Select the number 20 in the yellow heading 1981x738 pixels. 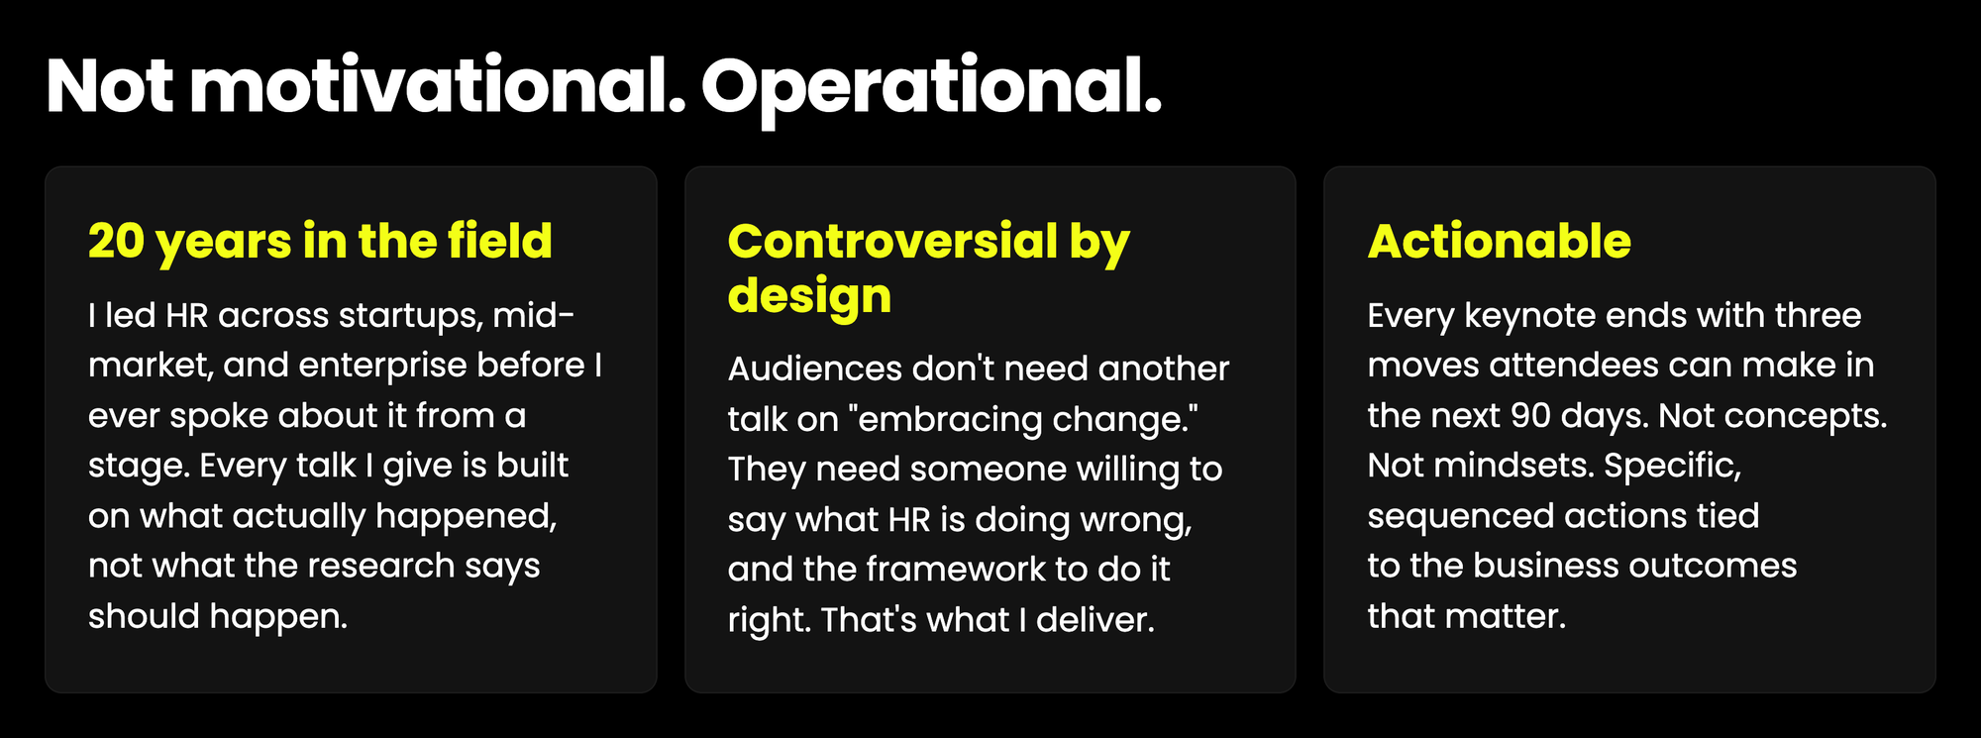coord(117,241)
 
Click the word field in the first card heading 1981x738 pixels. coord(500,240)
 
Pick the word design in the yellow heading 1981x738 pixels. coord(809,295)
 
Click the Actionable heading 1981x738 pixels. coord(1499,241)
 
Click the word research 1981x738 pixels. coord(381,566)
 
